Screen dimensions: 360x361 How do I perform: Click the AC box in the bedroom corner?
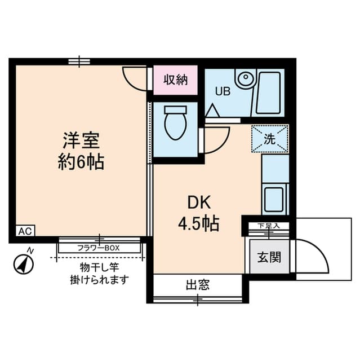pos(25,231)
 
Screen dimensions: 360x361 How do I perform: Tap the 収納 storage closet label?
pos(176,80)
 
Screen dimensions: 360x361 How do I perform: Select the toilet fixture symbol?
pos(175,123)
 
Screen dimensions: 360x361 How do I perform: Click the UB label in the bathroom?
pos(223,91)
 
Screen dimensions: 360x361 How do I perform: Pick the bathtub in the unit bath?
pos(268,93)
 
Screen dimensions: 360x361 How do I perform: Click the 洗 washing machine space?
pos(270,139)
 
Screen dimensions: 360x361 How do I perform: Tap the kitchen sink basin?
pos(274,200)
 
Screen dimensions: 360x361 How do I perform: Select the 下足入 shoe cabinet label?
pos(268,226)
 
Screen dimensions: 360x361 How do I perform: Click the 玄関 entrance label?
pos(269,257)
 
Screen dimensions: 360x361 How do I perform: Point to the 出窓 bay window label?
pos(198,285)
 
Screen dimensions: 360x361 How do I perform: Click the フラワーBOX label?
pos(99,248)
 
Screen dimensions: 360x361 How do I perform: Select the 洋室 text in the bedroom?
pos(81,140)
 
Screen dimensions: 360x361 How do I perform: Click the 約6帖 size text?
pos(81,162)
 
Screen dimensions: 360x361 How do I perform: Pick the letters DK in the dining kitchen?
pos(199,202)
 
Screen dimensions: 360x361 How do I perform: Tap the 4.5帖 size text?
pos(199,223)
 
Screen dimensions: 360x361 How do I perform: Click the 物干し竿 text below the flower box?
pos(99,267)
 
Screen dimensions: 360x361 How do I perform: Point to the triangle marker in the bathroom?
pos(212,111)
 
